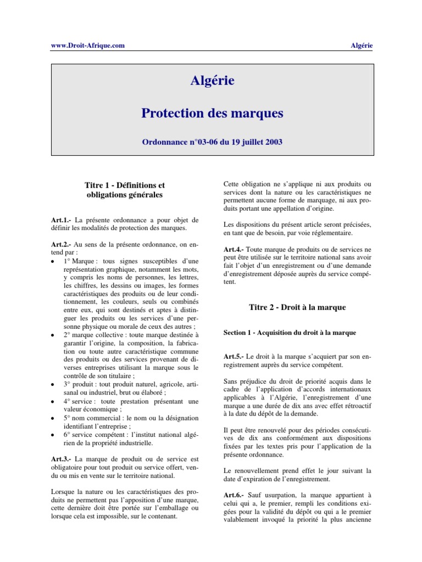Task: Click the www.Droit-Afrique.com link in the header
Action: tap(84, 46)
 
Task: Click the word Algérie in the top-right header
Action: tap(361, 46)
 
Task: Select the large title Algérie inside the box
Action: tap(212, 81)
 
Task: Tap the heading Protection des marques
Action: tap(212, 114)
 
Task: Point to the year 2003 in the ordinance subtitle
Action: tap(273, 142)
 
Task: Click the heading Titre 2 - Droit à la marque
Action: tap(298, 308)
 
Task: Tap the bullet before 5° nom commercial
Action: tap(52, 418)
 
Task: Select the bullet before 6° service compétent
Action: tap(52, 435)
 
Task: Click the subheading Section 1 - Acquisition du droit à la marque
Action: tap(290, 333)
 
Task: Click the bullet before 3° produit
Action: tap(52, 385)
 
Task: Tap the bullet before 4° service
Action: tap(52, 402)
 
